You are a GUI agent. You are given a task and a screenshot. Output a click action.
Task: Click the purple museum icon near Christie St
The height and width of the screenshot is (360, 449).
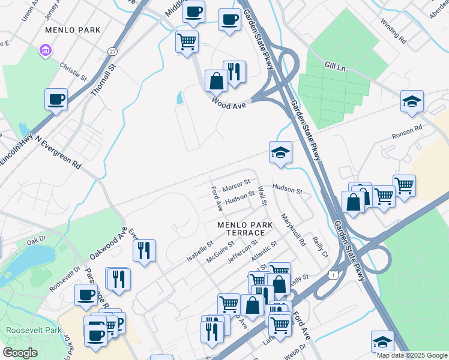(x=45, y=50)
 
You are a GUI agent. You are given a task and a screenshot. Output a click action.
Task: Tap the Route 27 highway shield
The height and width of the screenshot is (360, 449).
(x=113, y=52)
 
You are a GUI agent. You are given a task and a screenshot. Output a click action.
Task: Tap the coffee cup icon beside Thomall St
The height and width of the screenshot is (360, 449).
(x=56, y=98)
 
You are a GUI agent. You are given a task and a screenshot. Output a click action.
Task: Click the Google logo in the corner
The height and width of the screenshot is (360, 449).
(x=20, y=353)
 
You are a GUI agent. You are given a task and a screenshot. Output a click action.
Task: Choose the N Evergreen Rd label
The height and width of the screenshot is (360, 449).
(x=58, y=152)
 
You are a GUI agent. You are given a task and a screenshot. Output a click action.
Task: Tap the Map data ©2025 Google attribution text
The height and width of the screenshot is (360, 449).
(x=412, y=355)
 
